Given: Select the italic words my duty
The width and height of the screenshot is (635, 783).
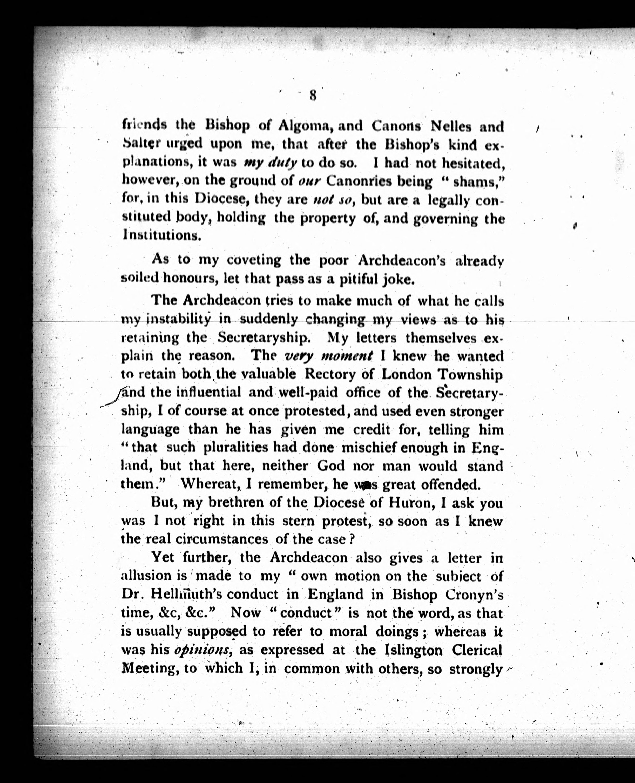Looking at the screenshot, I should coord(270,163).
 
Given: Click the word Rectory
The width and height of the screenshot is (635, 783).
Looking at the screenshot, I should coord(339,374).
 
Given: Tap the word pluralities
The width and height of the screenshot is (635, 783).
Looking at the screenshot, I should coord(235,448).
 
